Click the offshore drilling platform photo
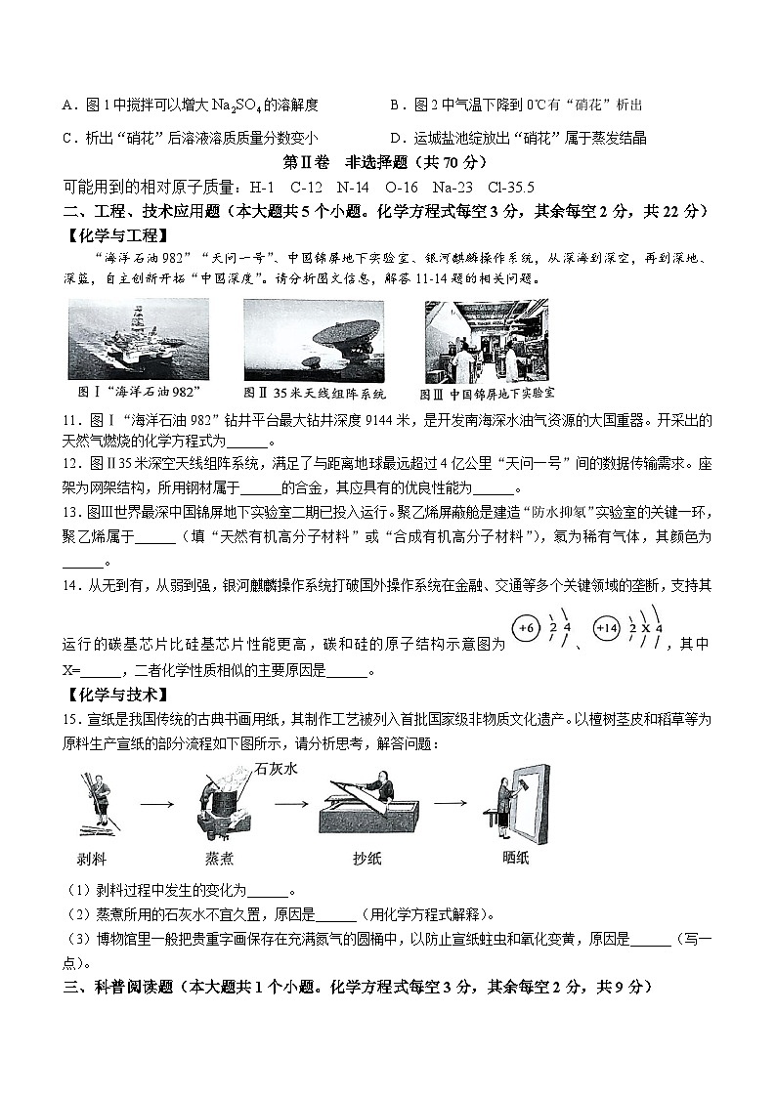tap(139, 340)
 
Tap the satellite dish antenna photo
tap(314, 340)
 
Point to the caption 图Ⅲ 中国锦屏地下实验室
tap(487, 394)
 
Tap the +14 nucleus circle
tap(606, 629)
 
